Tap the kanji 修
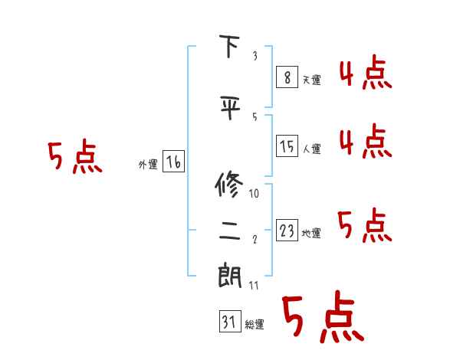click(230, 185)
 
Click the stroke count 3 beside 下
click(254, 57)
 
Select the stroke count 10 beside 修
click(255, 194)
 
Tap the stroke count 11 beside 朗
click(255, 286)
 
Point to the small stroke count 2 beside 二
click(254, 240)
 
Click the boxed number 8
click(287, 77)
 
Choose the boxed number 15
click(287, 146)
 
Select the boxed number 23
click(287, 231)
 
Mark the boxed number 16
click(173, 162)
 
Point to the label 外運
click(147, 164)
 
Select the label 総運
click(255, 325)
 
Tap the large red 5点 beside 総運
click(323, 318)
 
